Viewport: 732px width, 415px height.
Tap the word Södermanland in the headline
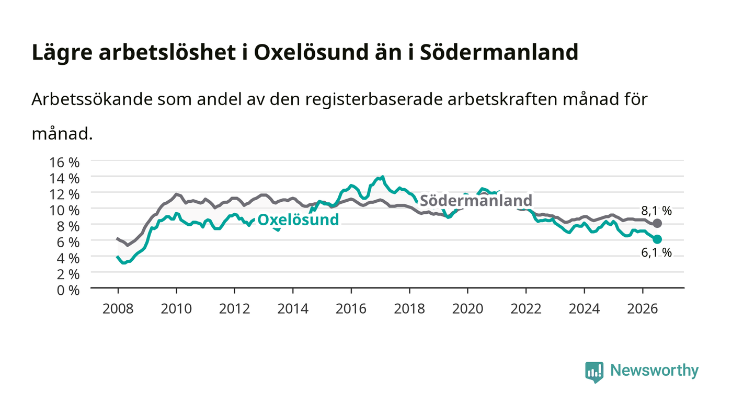[499, 52]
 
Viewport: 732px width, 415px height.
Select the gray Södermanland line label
[476, 200]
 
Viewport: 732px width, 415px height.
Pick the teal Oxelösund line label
[298, 220]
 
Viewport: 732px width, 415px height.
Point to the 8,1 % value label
[656, 211]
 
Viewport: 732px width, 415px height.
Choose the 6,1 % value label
[656, 252]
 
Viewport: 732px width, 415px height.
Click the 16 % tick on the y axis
[64, 163]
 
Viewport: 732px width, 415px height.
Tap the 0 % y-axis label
[68, 290]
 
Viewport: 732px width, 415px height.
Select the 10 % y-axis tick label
[64, 211]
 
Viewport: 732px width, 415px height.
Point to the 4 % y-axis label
[68, 259]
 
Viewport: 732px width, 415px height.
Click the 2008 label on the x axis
[118, 309]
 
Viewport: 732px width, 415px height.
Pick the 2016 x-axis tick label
[351, 309]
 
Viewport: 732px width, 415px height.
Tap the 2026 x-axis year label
[643, 309]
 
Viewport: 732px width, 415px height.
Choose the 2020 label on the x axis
[467, 309]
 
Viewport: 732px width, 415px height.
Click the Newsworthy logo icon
[594, 372]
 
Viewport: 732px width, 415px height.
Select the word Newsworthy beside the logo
[654, 371]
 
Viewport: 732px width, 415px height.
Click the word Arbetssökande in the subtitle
[92, 99]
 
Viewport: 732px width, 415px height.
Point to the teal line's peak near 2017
[383, 177]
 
